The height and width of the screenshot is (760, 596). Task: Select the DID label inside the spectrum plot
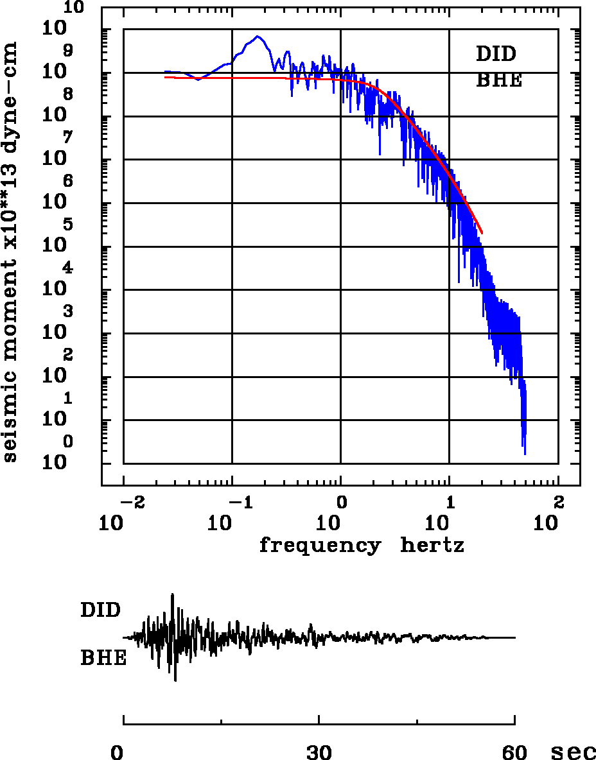pyautogui.click(x=496, y=54)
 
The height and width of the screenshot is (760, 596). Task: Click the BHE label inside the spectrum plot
pyautogui.click(x=498, y=81)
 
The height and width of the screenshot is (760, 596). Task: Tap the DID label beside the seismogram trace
pyautogui.click(x=100, y=610)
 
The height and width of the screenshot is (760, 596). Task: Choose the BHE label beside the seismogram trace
pyautogui.click(x=103, y=659)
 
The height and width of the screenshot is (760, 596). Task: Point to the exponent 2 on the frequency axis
pyautogui.click(x=558, y=501)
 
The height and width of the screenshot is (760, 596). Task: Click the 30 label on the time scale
pyautogui.click(x=319, y=752)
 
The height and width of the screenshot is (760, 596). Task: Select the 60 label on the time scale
pyautogui.click(x=514, y=752)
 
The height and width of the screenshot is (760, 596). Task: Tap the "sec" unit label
pyautogui.click(x=573, y=752)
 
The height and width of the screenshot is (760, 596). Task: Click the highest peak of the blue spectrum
pyautogui.click(x=258, y=36)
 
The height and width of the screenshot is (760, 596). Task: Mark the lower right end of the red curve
pyautogui.click(x=482, y=233)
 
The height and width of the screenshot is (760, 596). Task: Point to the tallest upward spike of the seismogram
pyautogui.click(x=172, y=594)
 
